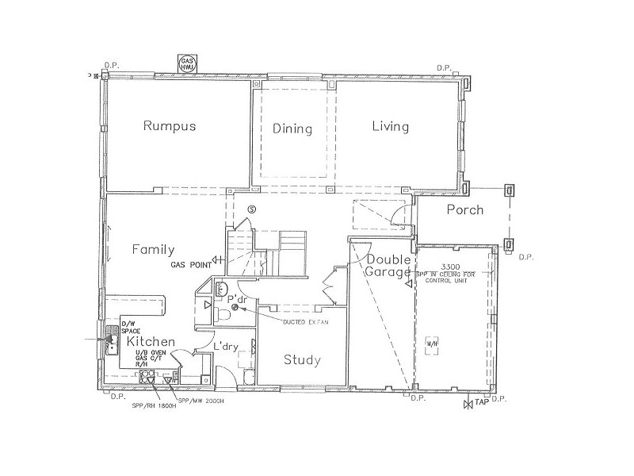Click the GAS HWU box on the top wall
pyautogui.click(x=189, y=64)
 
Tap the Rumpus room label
pyautogui.click(x=169, y=126)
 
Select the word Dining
pyautogui.click(x=292, y=129)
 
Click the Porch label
pyautogui.click(x=465, y=210)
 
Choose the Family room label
pyautogui.click(x=153, y=249)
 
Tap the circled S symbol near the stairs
pyautogui.click(x=252, y=209)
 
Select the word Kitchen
pyautogui.click(x=145, y=341)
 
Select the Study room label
pyautogui.click(x=303, y=361)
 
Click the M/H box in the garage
pyautogui.click(x=433, y=343)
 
